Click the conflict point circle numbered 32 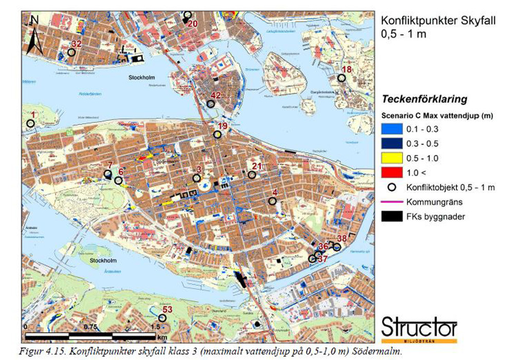(x=71, y=52)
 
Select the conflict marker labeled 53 (x=162, y=318)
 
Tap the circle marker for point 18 (x=341, y=78)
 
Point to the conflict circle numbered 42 (x=211, y=104)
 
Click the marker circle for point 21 (x=252, y=175)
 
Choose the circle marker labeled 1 (x=30, y=123)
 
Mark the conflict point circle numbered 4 (x=272, y=201)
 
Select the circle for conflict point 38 (x=337, y=247)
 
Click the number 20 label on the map (x=193, y=24)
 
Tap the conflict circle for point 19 (x=217, y=135)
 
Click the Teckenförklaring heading (x=424, y=99)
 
